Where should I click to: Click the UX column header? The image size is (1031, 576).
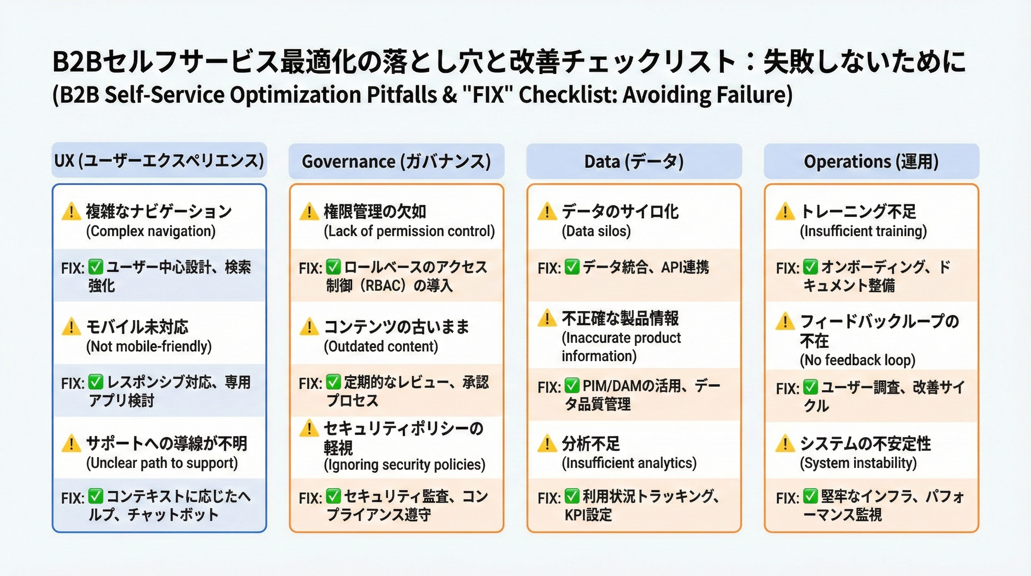click(x=159, y=161)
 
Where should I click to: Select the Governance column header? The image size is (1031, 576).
click(x=396, y=161)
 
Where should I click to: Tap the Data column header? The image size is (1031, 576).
click(x=634, y=161)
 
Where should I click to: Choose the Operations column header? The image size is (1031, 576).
click(x=871, y=161)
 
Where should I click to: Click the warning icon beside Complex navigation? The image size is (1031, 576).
click(x=71, y=211)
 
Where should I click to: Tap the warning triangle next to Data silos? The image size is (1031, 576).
click(x=547, y=211)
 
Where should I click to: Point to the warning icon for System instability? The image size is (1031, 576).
click(x=785, y=444)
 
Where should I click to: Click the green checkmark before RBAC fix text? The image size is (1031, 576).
click(x=333, y=267)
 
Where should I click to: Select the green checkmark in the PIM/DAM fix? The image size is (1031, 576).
click(x=572, y=386)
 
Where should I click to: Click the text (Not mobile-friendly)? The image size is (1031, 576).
click(x=149, y=346)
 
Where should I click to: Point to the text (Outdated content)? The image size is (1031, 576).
click(x=381, y=346)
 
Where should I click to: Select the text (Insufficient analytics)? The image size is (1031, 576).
click(x=629, y=463)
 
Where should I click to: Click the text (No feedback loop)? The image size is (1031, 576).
click(x=857, y=360)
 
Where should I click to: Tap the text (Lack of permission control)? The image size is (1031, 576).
click(x=409, y=231)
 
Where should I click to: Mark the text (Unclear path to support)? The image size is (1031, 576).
click(x=162, y=463)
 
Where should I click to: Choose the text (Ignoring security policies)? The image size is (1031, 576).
click(x=404, y=465)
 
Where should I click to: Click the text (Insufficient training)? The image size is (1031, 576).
click(x=863, y=231)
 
